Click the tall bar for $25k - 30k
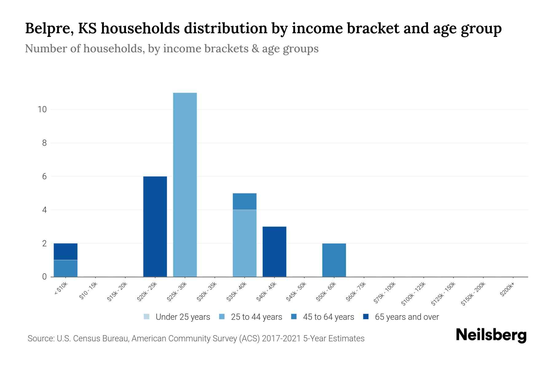[x=185, y=184]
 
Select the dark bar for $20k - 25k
[x=155, y=227]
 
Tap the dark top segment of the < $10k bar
[x=65, y=252]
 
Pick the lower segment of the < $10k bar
[x=65, y=268]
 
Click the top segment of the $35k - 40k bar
[x=245, y=201]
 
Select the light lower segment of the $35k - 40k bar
[x=245, y=243]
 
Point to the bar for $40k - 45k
[x=274, y=252]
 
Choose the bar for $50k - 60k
[x=334, y=260]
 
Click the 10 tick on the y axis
[x=42, y=109]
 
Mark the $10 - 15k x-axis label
[x=88, y=291]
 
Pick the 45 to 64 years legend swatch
[x=294, y=317]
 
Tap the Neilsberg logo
[x=491, y=335]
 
